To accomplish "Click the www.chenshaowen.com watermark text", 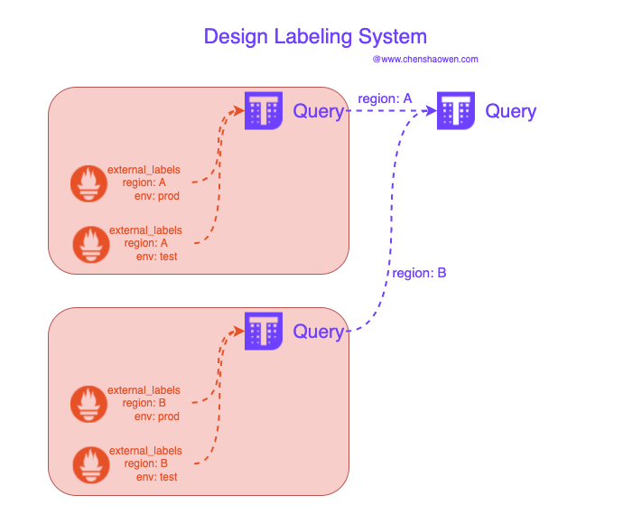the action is point(425,60).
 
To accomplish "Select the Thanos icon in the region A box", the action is point(264,110).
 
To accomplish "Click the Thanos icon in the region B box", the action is point(264,331).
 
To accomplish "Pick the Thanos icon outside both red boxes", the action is point(456,110).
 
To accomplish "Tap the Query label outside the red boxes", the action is point(510,111).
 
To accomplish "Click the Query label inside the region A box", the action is point(318,111).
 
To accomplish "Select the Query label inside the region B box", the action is point(318,332).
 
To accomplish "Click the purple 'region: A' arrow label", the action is point(385,98).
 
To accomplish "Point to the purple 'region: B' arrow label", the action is point(419,273).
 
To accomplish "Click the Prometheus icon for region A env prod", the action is point(88,183).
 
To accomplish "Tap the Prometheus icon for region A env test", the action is point(91,245).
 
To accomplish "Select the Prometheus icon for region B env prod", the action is point(88,404).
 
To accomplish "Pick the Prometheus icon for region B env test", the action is point(91,464).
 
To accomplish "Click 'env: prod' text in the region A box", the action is point(157,196).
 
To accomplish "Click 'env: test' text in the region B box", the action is point(156,477).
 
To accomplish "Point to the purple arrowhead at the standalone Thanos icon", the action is point(431,110).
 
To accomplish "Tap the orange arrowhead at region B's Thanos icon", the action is point(238,331).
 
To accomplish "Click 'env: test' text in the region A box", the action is point(156,257).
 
